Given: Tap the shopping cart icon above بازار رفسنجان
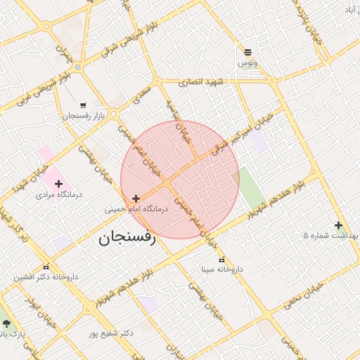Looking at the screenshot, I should click(x=84, y=105).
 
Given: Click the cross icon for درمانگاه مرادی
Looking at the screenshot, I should click(x=59, y=183).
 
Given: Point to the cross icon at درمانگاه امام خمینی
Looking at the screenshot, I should click(x=136, y=198).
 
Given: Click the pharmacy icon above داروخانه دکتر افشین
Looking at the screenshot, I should click(x=46, y=267).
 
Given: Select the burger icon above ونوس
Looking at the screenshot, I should click(x=247, y=52).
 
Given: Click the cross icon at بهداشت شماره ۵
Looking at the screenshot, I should click(x=338, y=226).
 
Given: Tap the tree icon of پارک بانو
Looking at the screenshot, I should click(x=7, y=323).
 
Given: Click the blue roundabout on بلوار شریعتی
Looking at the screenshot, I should click(x=77, y=67).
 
